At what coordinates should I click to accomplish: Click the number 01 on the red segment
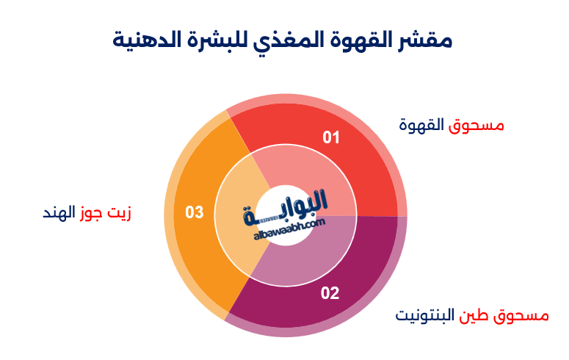click(332, 137)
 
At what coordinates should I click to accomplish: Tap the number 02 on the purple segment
click(330, 294)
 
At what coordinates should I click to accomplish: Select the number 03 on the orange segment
click(194, 213)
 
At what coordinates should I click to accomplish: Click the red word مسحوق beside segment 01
click(477, 125)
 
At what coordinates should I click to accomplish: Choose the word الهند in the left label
click(59, 214)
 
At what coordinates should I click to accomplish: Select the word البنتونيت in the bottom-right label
click(425, 316)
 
